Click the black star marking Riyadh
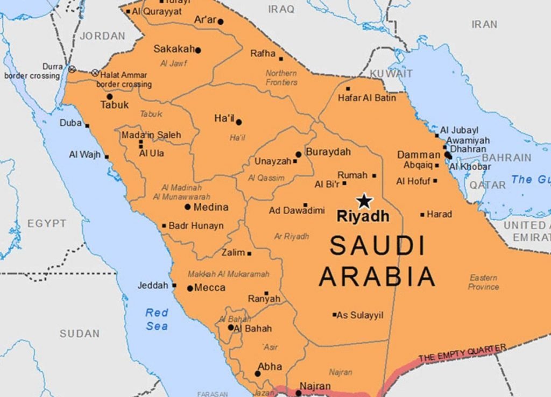364,201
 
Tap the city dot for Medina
188,207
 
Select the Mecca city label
210,288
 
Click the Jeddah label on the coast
153,285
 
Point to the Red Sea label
157,319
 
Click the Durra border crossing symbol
72,69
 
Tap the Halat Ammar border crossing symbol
95,73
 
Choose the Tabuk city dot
110,97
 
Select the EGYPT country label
47,223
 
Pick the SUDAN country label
79,334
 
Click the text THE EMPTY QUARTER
462,353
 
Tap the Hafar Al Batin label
366,98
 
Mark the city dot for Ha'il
239,122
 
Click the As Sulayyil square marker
334,315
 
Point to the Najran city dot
299,393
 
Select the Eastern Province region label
483,282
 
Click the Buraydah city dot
299,154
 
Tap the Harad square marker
422,215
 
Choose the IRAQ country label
281,9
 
